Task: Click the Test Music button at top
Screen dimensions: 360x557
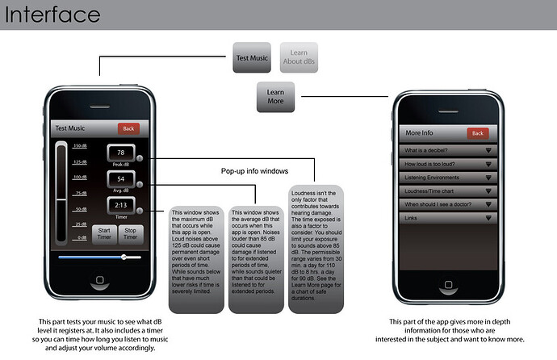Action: tap(252, 58)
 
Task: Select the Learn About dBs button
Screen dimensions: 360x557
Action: tap(299, 58)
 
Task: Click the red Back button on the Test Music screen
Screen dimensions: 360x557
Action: tap(128, 128)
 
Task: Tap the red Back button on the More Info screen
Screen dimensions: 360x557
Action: tap(478, 132)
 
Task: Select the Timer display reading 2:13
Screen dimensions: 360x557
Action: tap(121, 205)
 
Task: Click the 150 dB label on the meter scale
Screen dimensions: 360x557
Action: tap(79, 146)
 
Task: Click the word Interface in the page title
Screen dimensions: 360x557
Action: tap(51, 15)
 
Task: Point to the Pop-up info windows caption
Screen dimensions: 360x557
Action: tap(255, 172)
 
